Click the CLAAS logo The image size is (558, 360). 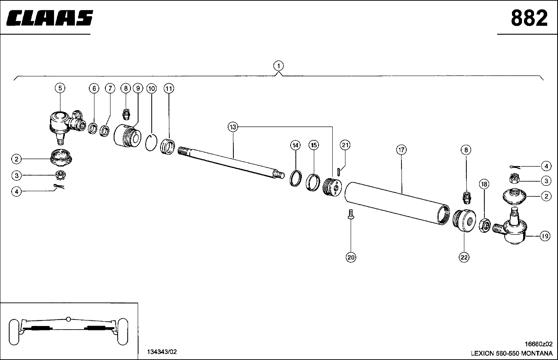pos(50,18)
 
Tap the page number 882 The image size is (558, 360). pos(529,18)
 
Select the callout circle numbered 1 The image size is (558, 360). pos(279,65)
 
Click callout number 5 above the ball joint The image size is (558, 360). pos(60,88)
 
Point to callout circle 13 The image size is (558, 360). pos(233,127)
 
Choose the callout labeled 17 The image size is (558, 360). pos(401,150)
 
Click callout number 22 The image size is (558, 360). pos(464,257)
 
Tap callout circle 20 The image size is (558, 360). pos(351,257)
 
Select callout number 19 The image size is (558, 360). pos(545,236)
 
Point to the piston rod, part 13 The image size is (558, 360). pos(232,162)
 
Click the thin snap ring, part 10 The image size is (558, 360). pos(151,143)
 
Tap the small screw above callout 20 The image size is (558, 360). pos(351,214)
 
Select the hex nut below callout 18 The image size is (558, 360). pos(484,226)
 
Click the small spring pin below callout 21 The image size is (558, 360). pos(339,172)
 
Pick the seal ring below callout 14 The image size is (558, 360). pos(295,178)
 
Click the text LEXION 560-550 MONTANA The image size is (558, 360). pos(511,354)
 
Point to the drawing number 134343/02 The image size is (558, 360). pos(162,352)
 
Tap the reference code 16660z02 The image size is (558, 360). pos(538,344)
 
